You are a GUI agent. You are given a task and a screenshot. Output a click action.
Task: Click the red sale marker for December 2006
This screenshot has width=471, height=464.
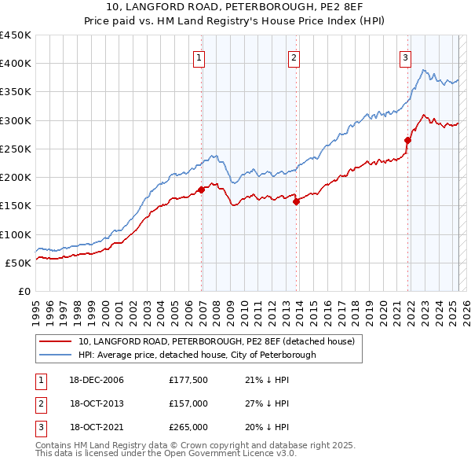pos(202,189)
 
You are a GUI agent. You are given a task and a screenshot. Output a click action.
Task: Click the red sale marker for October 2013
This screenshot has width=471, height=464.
pos(297,201)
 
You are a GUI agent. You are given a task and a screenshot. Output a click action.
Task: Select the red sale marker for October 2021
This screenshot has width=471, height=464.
pos(408,140)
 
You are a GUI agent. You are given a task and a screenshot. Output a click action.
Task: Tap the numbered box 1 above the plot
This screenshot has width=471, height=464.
pos(199,57)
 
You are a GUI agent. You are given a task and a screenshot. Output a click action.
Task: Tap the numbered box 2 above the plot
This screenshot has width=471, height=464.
pos(294,57)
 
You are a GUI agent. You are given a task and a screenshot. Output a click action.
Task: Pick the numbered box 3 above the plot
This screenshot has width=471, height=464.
pos(405,57)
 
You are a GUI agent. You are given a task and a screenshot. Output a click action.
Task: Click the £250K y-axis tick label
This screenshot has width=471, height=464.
pos(16,149)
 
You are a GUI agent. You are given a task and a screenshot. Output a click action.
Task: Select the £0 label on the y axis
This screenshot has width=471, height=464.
pos(24,291)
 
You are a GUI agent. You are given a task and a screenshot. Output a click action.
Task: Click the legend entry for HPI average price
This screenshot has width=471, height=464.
pos(196,355)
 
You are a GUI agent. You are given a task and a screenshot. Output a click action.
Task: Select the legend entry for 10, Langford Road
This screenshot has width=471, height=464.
pos(217,341)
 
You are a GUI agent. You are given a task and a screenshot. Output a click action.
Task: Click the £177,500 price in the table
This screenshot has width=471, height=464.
pos(188,380)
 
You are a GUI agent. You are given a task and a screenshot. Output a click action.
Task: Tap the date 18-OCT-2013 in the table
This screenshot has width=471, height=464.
pos(97,403)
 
